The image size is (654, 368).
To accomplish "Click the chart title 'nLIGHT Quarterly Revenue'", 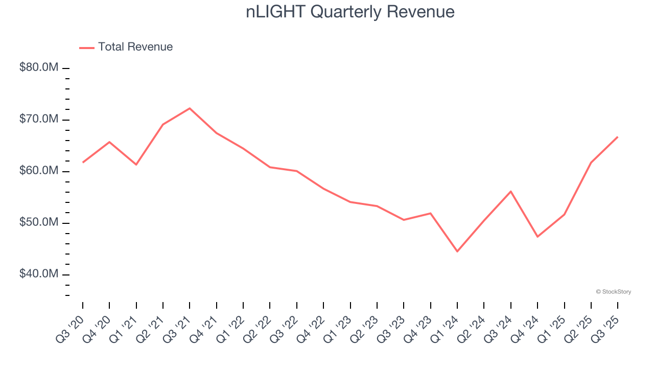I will pos(350,12).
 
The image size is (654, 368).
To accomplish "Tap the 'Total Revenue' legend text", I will pos(135,47).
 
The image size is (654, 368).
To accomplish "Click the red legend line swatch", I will pos(87,48).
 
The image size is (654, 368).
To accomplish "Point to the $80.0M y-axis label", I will pos(39,68).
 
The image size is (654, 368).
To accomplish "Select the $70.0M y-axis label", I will pos(39,120).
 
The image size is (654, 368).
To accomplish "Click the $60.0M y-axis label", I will pos(39,171).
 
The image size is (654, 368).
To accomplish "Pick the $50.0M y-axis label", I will pos(39,223).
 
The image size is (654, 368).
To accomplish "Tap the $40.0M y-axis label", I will pos(39,274).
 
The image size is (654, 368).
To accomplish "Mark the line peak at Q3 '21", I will pos(190,108).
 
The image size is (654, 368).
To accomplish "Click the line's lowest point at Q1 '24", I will pos(457,251).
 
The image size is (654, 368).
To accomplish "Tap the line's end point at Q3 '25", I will pos(618,137).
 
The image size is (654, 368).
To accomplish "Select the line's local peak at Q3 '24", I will pos(511,191).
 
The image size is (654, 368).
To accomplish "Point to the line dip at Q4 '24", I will pos(538,237).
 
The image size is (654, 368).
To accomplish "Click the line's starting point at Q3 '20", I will pos(83,163).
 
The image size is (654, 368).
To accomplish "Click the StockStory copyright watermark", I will pos(613,292).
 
